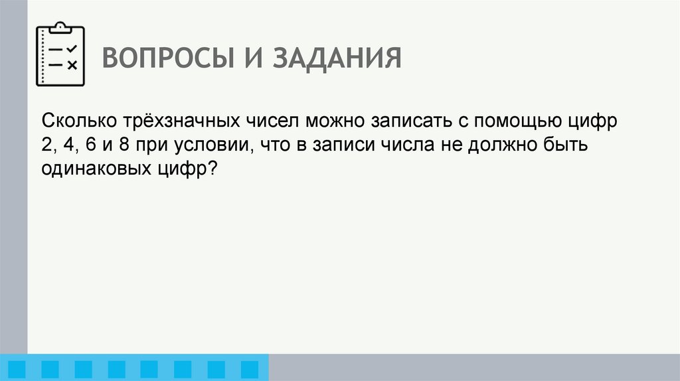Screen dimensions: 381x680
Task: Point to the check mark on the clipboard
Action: (72, 48)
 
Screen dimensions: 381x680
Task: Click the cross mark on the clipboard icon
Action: (72, 64)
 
